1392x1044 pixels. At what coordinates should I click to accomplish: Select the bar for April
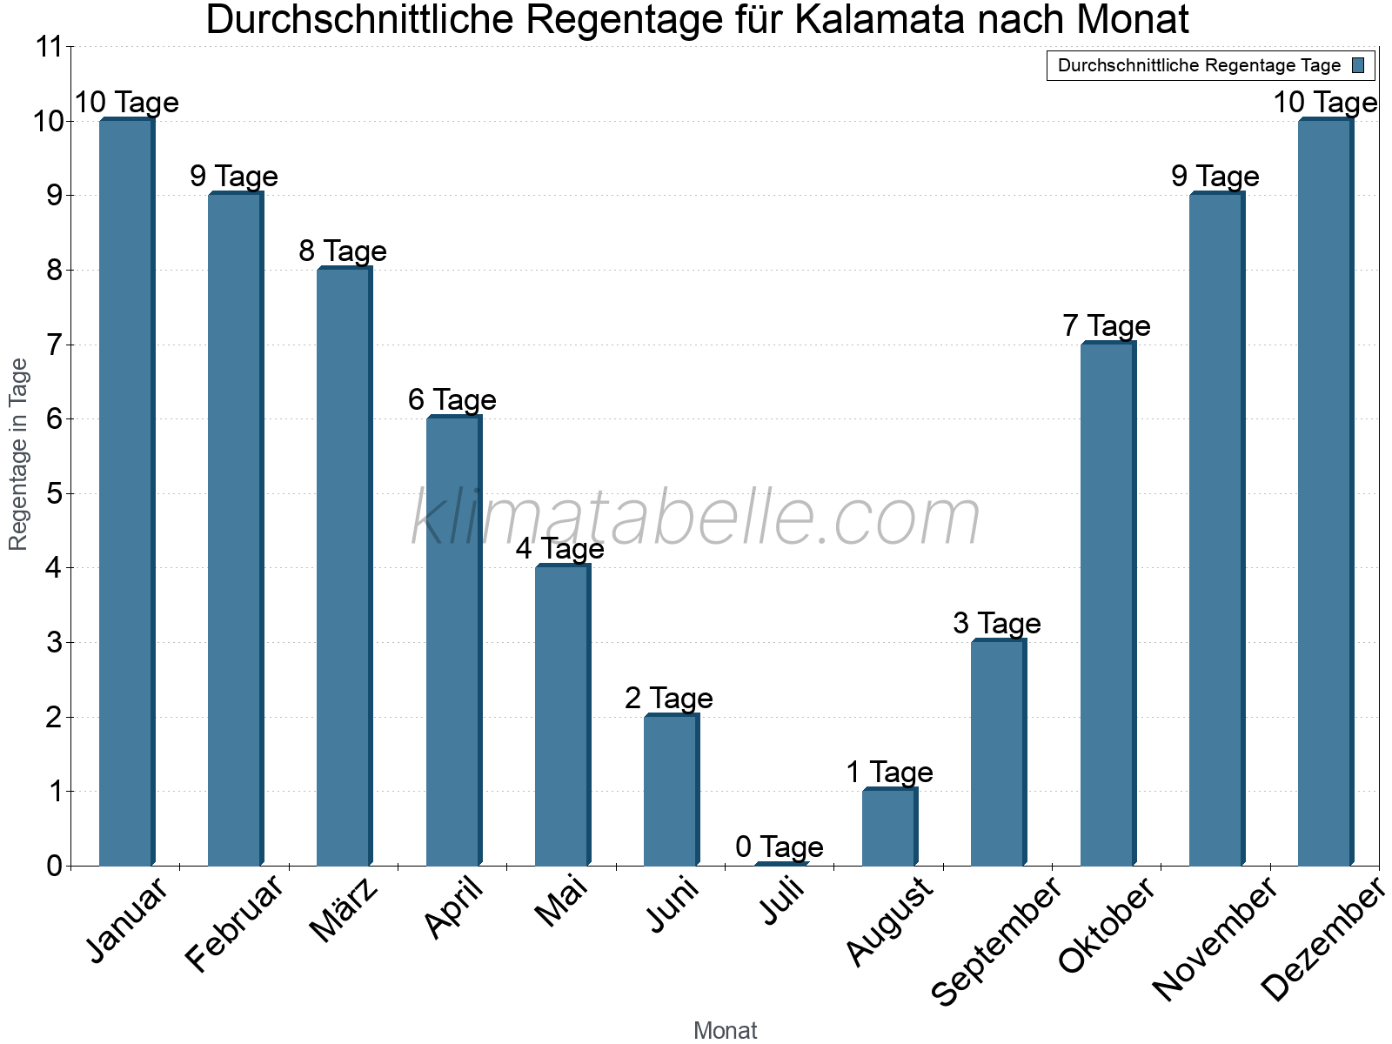[x=452, y=641]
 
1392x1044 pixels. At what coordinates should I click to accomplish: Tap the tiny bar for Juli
[x=780, y=864]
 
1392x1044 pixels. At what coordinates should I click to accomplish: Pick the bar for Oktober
[x=1107, y=604]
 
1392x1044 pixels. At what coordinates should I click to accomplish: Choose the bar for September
[x=998, y=753]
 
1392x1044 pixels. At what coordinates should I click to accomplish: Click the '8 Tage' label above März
[x=343, y=251]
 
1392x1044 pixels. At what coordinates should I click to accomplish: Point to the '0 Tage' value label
[x=780, y=847]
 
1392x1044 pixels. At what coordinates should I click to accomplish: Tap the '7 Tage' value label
[x=1107, y=326]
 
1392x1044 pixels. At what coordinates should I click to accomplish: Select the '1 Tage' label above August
[x=889, y=773]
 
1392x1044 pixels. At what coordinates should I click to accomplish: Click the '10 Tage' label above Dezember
[x=1325, y=103]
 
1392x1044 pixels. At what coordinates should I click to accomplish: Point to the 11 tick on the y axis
[x=50, y=47]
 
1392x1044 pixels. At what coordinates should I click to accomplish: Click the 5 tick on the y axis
[x=55, y=494]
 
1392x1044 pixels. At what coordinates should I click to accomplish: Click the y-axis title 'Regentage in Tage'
[x=19, y=454]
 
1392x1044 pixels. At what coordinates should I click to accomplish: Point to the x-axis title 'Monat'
[x=725, y=1030]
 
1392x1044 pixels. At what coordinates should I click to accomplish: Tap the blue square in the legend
[x=1359, y=65]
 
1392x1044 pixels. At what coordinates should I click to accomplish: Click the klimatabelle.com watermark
[x=695, y=519]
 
